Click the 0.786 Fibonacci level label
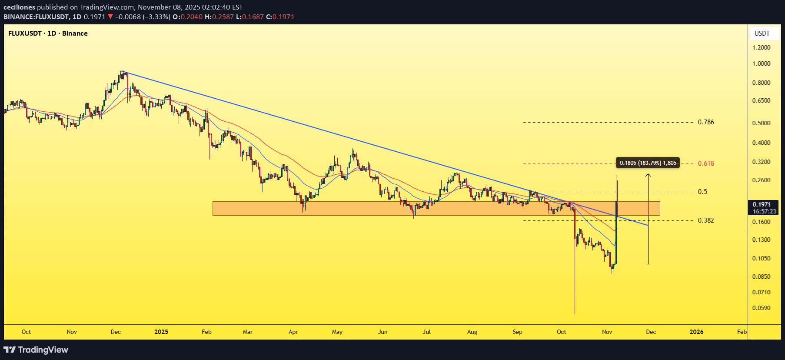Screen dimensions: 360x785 point(706,122)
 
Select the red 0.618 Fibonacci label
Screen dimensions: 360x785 point(706,163)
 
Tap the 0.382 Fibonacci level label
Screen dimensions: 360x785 point(706,220)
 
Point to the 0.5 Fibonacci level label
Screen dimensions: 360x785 point(702,192)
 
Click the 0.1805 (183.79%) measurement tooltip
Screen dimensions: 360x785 point(648,163)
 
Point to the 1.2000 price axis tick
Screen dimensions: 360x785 point(761,47)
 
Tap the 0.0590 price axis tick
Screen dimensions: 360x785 point(761,308)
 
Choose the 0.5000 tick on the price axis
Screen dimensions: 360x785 point(761,123)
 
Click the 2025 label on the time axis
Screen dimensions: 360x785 point(161,332)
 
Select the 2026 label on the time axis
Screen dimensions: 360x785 point(696,332)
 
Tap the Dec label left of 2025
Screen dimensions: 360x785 point(116,332)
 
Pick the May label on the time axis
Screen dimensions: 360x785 point(337,332)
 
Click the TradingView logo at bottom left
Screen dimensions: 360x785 point(36,350)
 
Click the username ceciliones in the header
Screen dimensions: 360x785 point(19,7)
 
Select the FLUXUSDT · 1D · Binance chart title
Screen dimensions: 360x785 point(48,33)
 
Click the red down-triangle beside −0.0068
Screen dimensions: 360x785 point(110,17)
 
